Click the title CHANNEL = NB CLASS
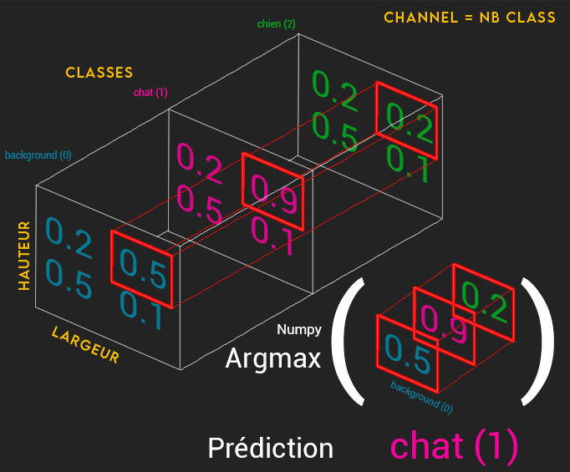(469, 18)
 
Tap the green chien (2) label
(275, 24)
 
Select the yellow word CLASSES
(99, 73)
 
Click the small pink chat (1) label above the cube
(150, 93)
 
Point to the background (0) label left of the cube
(38, 155)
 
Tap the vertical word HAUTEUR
(24, 256)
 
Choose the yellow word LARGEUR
(84, 344)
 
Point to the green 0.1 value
(409, 164)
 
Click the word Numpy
(299, 330)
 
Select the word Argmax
(273, 359)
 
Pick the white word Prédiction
(270, 448)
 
